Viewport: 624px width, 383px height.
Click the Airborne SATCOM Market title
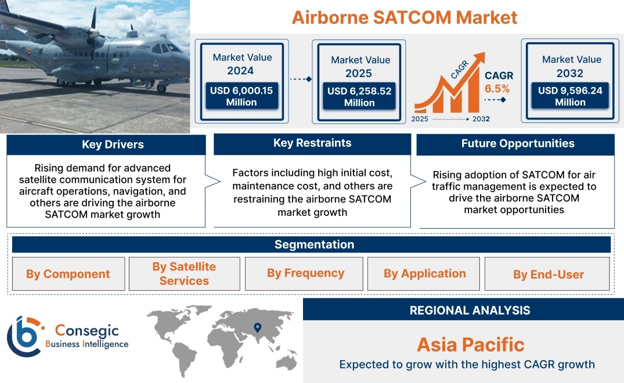[x=405, y=17]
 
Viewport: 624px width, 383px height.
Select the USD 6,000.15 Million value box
[x=241, y=96]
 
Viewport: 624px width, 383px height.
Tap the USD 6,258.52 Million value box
[x=359, y=96]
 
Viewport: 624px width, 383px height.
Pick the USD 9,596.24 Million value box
[x=570, y=96]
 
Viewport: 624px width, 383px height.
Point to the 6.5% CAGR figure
[x=497, y=88]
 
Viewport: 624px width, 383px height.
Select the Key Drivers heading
[x=113, y=144]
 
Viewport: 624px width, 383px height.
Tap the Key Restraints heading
[x=312, y=143]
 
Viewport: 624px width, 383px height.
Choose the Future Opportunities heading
[x=518, y=143]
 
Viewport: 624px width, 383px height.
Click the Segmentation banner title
[x=315, y=244]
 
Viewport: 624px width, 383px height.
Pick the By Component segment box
[x=68, y=274]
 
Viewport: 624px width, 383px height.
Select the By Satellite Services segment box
[x=184, y=274]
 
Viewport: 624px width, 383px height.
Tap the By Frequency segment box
[x=304, y=274]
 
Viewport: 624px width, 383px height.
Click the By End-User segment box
[x=547, y=274]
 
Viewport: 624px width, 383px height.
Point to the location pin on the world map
[x=258, y=328]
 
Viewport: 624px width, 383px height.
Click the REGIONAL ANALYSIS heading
[x=470, y=310]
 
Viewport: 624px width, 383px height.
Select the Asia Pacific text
[x=471, y=345]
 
